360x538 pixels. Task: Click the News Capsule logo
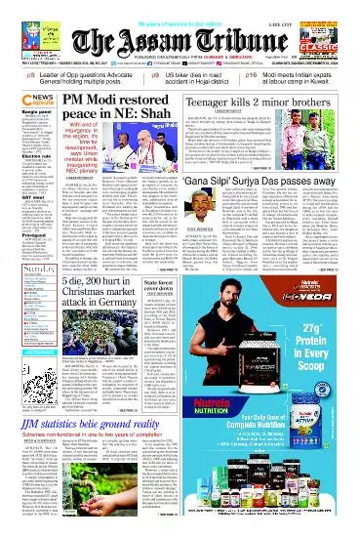tap(25, 101)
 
